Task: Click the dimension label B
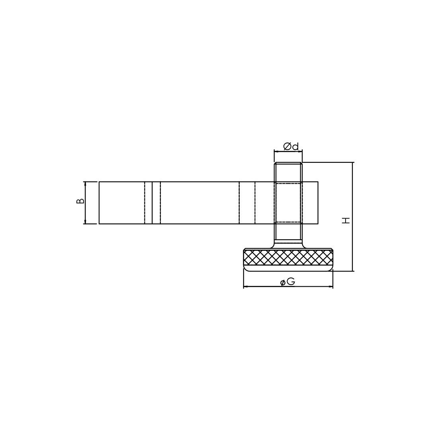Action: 80,201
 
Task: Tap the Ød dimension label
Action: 291,147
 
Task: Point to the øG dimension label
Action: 288,281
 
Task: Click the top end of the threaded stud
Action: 288,162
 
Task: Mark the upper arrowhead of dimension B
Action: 85,184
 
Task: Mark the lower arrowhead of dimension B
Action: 85,222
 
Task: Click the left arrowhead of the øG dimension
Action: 246,287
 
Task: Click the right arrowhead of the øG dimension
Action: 330,287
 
